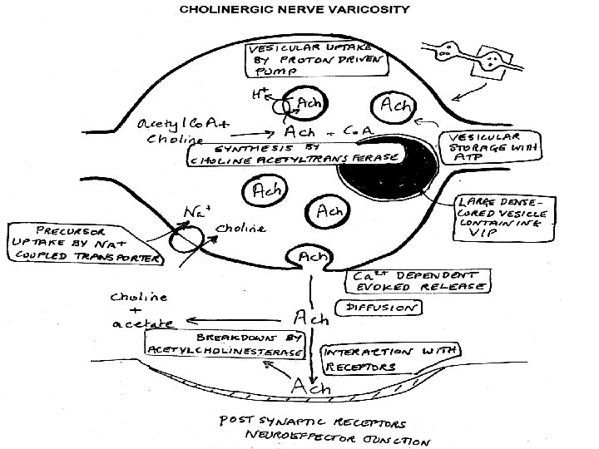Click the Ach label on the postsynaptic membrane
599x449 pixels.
tap(309, 387)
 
